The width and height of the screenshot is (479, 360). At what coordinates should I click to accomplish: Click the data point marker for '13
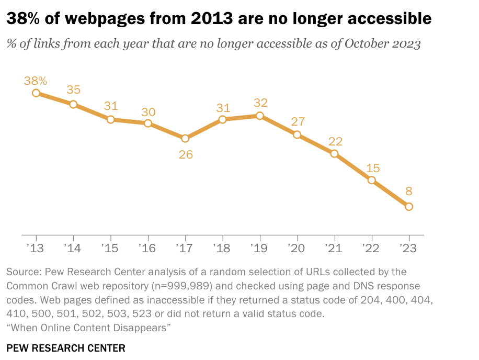coord(36,93)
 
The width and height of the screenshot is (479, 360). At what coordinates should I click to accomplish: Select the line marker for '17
coord(185,138)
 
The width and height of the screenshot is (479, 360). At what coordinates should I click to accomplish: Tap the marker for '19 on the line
coord(260,116)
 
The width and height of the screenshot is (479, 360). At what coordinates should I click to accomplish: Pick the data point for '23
coord(409,207)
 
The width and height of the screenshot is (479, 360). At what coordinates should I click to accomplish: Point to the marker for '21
coord(334,153)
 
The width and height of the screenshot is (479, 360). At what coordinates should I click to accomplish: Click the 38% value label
coord(36,81)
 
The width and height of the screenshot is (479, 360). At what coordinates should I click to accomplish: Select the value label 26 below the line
coord(185,154)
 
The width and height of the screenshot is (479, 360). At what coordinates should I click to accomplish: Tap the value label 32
coord(260,103)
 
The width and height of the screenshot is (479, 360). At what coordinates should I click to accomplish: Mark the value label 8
coord(409,192)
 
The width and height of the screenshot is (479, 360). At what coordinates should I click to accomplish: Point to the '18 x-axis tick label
coord(222,248)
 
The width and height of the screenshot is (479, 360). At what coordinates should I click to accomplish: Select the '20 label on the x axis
coord(296,248)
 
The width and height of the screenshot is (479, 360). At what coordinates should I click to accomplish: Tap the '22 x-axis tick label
coord(371,248)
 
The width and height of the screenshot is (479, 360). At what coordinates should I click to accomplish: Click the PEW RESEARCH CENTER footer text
coord(66,348)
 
